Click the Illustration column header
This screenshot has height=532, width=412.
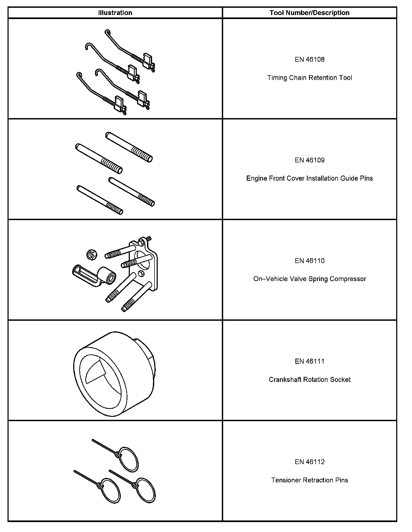[115, 13]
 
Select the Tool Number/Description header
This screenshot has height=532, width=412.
[310, 13]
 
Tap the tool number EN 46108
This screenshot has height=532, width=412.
[310, 60]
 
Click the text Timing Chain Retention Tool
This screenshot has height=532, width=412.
[310, 78]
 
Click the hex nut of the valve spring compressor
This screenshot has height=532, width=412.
[92, 254]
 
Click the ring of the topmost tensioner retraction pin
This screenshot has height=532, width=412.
[129, 459]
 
